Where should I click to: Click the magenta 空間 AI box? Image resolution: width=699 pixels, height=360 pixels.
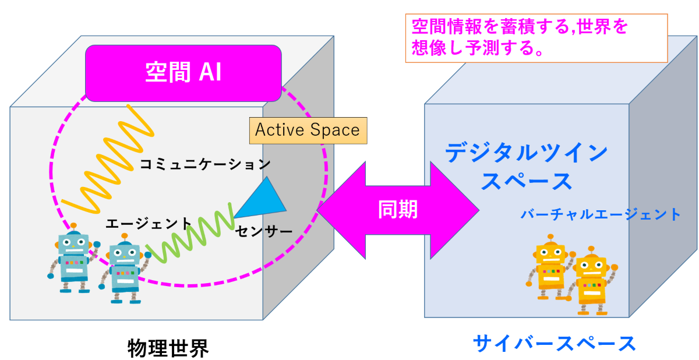click(x=183, y=73)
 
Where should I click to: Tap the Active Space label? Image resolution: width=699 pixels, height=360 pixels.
click(x=308, y=130)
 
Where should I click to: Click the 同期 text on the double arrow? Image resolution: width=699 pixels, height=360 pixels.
click(x=398, y=209)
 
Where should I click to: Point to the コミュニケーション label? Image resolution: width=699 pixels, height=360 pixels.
click(x=205, y=164)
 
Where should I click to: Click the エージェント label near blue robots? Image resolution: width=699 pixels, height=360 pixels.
click(x=149, y=224)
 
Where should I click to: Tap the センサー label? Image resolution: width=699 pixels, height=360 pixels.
click(x=264, y=231)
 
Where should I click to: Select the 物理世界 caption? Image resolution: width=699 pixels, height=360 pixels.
click(x=168, y=348)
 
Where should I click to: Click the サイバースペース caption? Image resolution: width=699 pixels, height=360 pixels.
click(x=555, y=344)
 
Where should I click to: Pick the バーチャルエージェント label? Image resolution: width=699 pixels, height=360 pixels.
click(x=601, y=214)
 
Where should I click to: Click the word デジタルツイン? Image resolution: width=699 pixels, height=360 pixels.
click(x=527, y=152)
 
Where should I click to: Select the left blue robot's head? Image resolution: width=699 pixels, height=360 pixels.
click(x=73, y=242)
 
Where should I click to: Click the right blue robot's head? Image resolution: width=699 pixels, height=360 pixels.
click(x=125, y=252)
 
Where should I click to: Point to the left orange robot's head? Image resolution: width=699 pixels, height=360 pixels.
click(x=551, y=252)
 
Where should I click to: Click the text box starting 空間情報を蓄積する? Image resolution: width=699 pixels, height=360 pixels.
click(x=536, y=38)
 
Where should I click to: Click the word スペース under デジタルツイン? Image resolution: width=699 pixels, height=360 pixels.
click(x=527, y=182)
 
